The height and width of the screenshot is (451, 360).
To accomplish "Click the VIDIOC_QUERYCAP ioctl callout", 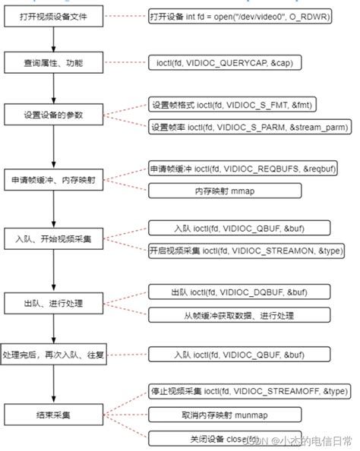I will point(240,63).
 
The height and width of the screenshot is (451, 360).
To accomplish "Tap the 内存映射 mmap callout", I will point(240,190).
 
